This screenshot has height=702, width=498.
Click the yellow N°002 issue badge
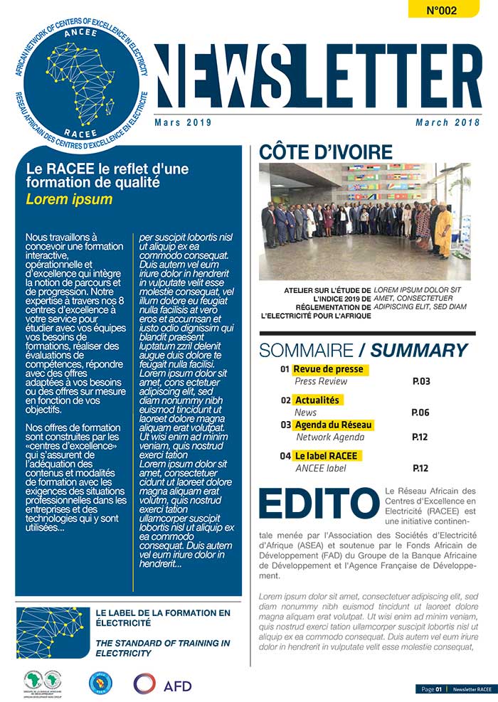click(x=441, y=9)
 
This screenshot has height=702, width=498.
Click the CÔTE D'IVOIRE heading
click(x=325, y=152)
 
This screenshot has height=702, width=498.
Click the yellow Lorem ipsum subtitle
click(x=69, y=198)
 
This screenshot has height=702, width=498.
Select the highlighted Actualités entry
click(x=317, y=400)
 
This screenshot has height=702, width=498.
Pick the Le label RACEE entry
click(x=328, y=455)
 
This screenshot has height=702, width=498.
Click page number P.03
click(x=421, y=381)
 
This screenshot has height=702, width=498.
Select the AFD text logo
click(x=177, y=684)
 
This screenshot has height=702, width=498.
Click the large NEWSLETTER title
click(x=308, y=76)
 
